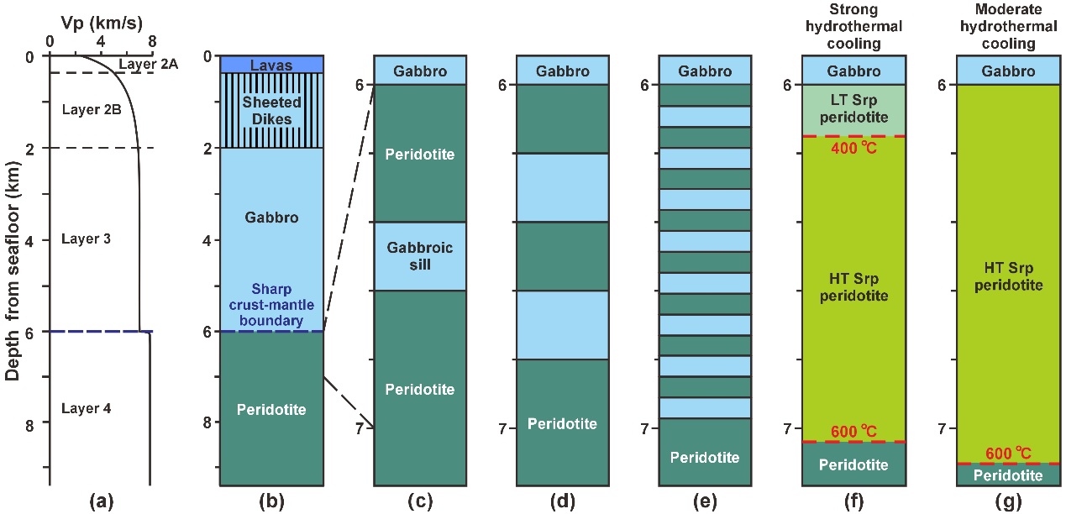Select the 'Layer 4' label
click(87, 409)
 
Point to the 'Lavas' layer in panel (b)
click(271, 64)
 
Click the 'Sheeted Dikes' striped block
click(271, 111)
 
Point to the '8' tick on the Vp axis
click(151, 40)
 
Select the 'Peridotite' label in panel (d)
click(562, 423)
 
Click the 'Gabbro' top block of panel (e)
click(705, 71)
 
